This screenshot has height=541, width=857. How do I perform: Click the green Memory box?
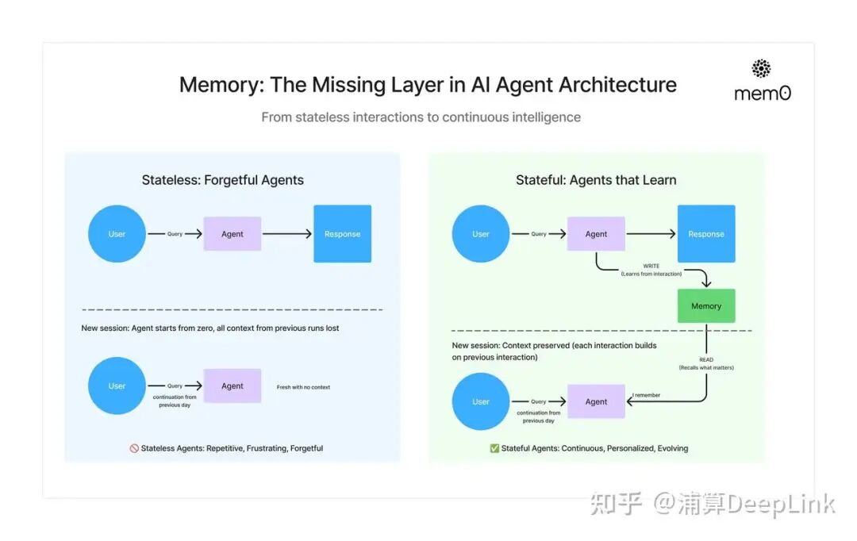point(706,305)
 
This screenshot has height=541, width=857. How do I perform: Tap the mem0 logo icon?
point(761,68)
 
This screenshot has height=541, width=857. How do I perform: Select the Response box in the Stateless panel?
point(342,234)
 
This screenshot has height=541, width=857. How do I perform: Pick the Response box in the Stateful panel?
point(706,234)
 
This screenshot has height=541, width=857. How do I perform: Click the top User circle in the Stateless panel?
point(117,234)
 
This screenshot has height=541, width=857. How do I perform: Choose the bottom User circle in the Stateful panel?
point(481,401)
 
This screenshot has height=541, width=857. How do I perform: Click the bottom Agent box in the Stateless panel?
point(233,386)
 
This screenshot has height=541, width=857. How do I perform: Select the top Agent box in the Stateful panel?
point(596,234)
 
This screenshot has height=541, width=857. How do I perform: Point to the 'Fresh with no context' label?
point(303,387)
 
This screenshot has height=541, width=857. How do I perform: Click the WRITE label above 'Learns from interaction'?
point(651,266)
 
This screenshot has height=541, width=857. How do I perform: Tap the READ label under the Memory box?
point(706,359)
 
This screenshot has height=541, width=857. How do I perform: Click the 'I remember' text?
point(646,394)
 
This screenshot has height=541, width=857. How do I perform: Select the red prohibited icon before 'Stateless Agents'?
point(134,448)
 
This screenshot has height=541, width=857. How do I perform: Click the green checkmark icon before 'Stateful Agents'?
point(494,448)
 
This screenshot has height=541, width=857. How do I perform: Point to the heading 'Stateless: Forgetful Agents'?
point(222,180)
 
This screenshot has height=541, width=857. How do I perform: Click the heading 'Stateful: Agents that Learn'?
point(596,180)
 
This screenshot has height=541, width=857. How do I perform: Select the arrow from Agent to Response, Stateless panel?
point(287,234)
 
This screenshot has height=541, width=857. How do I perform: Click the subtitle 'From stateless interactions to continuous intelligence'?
point(421,117)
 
